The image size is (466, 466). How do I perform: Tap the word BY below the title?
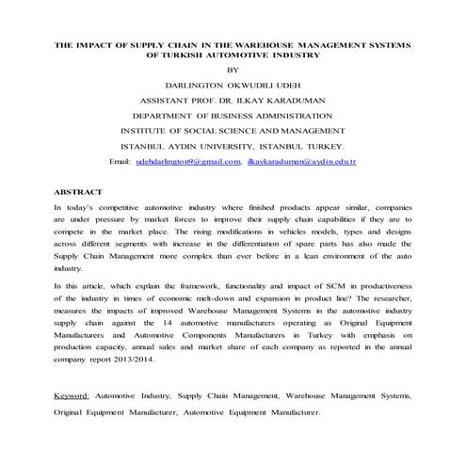click(234, 69)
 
